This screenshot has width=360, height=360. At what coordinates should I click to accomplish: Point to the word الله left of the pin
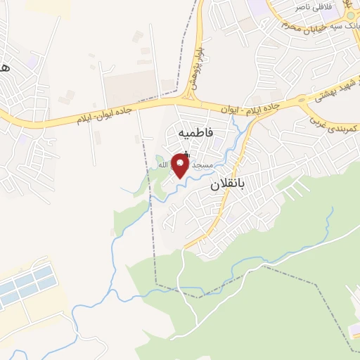point(163,165)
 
